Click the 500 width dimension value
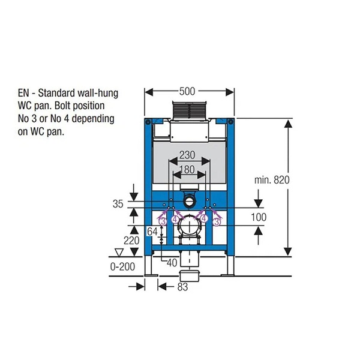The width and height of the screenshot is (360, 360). pos(187,91)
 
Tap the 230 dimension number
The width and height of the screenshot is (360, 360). pos(187,155)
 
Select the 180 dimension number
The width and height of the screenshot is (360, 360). pos(187,170)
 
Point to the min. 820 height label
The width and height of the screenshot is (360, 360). pos(272,180)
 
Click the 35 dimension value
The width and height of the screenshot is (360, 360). pos(118,204)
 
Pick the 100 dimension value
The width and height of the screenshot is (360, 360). pos(259,217)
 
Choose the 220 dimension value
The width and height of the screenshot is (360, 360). pos(131,241)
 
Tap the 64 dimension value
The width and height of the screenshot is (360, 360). pos(152,232)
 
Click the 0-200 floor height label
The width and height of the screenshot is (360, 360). pos(122,266)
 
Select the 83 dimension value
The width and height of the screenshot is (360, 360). pos(182,287)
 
